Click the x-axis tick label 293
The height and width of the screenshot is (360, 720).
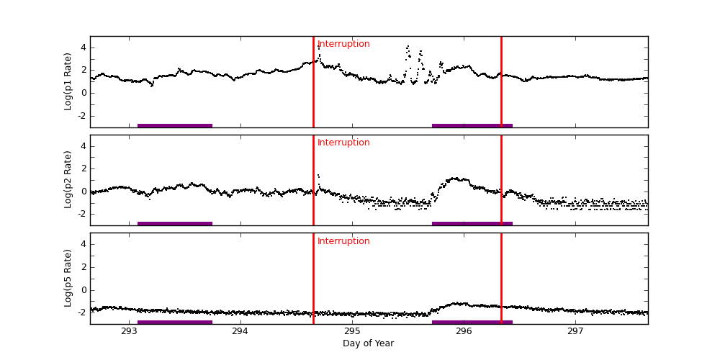pos(129,331)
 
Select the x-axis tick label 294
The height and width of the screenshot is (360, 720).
pos(240,331)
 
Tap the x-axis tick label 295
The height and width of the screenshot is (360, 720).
pos(352,331)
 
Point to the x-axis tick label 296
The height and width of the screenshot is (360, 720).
pos(464,331)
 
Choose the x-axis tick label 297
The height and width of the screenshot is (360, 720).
pos(575,331)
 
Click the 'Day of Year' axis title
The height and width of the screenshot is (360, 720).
pos(368,343)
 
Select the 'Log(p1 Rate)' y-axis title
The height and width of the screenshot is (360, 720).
pos(68,81)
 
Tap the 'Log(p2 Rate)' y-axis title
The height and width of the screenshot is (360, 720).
pos(68,180)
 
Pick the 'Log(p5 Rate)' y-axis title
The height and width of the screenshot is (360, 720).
pos(68,278)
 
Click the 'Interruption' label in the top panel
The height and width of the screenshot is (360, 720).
pos(343,44)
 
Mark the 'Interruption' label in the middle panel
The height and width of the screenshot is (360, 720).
pos(343,143)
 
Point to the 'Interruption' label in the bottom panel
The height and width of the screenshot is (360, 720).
pos(343,241)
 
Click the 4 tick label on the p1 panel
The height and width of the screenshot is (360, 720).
pos(84,48)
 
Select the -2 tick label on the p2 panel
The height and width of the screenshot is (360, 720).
pos(81,214)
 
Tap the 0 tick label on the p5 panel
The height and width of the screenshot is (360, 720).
pos(84,290)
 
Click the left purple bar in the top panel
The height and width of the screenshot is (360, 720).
pos(175,125)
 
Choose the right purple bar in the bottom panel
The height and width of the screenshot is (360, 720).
pos(472,322)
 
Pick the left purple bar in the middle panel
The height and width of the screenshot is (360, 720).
pos(175,223)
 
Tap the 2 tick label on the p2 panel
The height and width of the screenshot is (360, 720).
pos(84,168)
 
